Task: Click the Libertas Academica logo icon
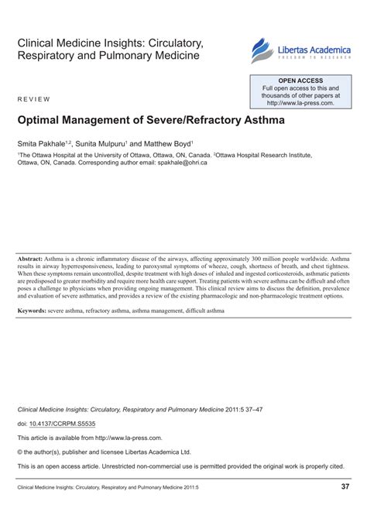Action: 260,51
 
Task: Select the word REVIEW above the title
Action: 33,100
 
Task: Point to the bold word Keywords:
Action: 36,310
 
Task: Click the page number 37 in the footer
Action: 345,486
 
